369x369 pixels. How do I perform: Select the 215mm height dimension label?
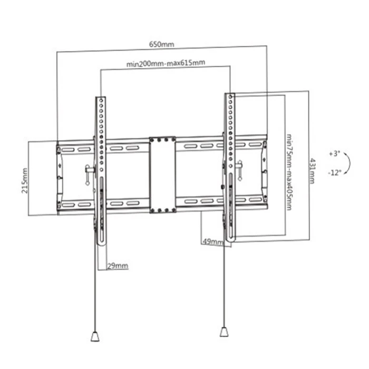point(25,180)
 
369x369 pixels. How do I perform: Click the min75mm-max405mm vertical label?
point(289,171)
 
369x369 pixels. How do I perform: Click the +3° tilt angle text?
point(334,153)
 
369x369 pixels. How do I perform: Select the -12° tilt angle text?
point(334,172)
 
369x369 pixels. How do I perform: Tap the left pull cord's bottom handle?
point(95,336)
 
